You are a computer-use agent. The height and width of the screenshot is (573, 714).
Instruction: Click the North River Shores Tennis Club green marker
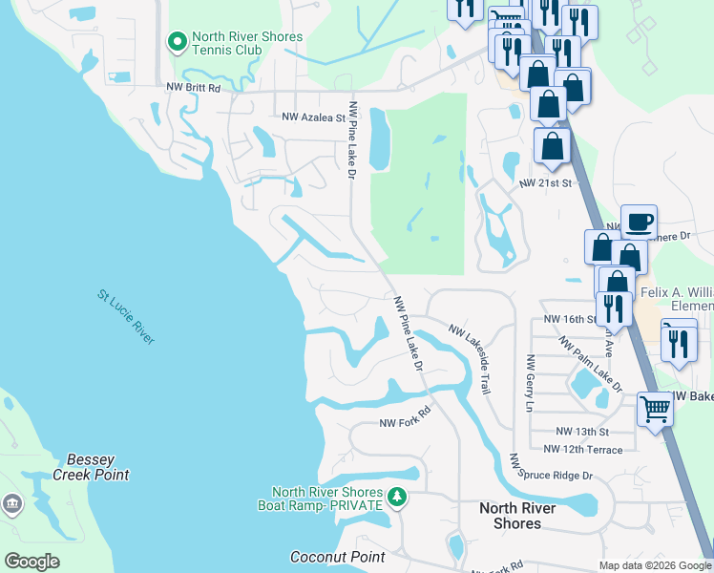tap(177, 42)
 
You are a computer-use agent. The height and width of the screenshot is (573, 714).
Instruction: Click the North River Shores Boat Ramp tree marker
tap(398, 497)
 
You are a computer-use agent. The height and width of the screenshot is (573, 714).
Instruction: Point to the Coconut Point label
tap(337, 557)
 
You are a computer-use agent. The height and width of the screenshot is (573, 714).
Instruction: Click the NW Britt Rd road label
tap(193, 88)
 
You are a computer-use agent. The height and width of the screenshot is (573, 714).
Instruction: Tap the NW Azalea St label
tap(313, 117)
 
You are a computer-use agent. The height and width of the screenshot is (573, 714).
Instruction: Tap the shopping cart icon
tap(655, 409)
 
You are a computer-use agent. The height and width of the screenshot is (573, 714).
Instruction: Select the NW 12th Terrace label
tap(582, 449)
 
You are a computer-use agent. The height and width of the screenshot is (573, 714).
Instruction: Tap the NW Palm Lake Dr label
tap(590, 363)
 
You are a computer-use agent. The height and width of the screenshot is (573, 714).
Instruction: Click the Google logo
tap(31, 562)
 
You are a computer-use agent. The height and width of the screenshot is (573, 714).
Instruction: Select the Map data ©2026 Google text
tap(654, 565)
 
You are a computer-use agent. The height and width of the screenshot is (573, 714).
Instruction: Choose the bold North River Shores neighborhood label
tap(516, 516)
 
